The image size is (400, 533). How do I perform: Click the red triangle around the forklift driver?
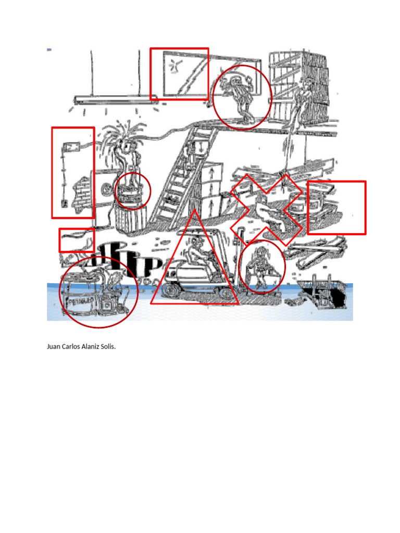point(194,260)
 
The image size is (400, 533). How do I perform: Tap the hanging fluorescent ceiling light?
point(116,99)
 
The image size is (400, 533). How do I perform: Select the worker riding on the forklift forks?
point(261,268)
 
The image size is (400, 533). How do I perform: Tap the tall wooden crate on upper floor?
point(298,83)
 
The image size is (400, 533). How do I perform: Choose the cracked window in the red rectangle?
point(179,74)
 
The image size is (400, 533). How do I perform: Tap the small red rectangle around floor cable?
point(77,240)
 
